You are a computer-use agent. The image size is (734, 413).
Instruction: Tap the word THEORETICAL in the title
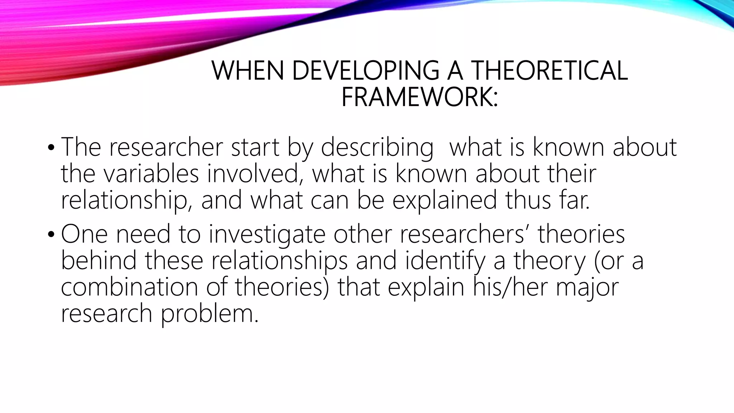click(x=549, y=71)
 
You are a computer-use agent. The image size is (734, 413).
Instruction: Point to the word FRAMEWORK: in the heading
click(x=419, y=97)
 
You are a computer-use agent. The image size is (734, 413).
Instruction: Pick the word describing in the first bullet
click(x=377, y=148)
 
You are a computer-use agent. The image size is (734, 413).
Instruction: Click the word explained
click(x=445, y=200)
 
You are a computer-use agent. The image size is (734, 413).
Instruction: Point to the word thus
click(x=528, y=200)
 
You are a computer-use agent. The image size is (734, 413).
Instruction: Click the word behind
click(x=99, y=261)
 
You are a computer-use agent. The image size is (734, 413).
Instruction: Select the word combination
click(x=129, y=287)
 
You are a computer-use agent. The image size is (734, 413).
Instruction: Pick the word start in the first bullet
click(x=255, y=147)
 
